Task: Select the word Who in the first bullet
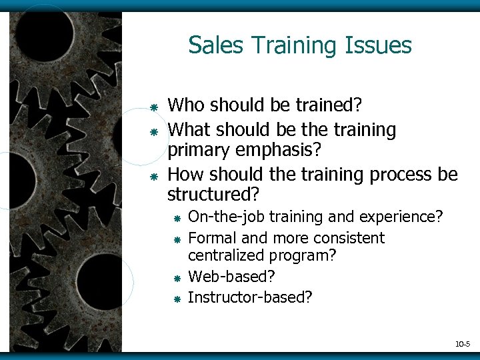click(186, 105)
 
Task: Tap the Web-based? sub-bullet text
click(231, 276)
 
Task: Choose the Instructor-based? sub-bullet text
click(250, 297)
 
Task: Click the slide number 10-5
click(462, 344)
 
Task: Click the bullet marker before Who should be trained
click(153, 107)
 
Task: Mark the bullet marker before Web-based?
click(177, 278)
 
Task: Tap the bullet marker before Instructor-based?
click(177, 299)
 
